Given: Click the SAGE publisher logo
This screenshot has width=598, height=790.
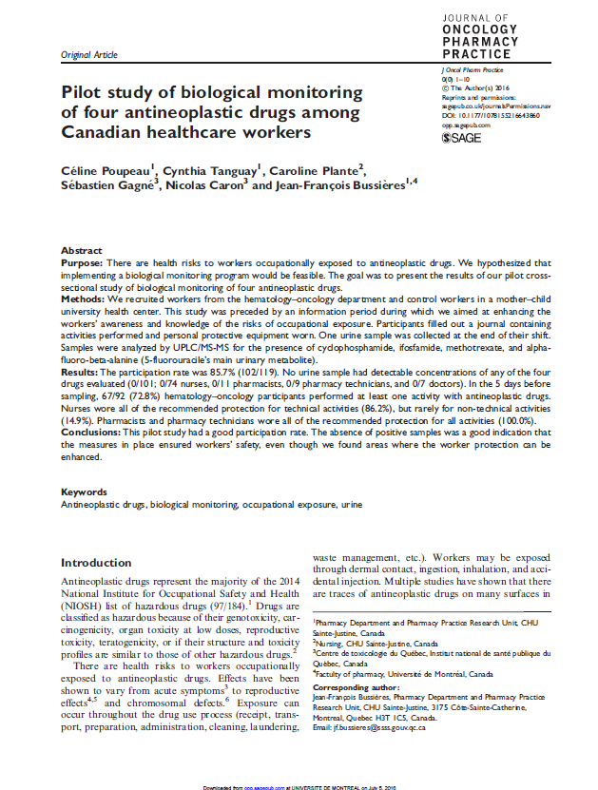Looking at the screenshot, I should pyautogui.click(x=462, y=138).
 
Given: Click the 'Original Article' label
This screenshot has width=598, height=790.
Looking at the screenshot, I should pyautogui.click(x=88, y=56).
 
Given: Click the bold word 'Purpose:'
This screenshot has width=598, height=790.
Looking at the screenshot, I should pyautogui.click(x=82, y=260).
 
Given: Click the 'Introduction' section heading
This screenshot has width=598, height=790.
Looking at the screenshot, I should pyautogui.click(x=96, y=563).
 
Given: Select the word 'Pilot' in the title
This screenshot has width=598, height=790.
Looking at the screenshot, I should pyautogui.click(x=84, y=93).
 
